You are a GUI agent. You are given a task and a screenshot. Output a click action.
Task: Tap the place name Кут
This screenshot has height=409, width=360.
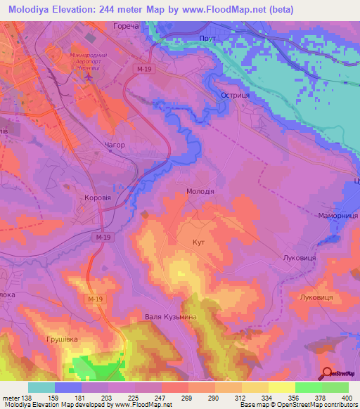(198, 241)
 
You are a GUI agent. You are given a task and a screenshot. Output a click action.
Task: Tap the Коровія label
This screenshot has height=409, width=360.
(97, 198)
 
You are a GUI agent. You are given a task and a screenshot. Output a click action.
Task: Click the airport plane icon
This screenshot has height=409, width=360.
(88, 75)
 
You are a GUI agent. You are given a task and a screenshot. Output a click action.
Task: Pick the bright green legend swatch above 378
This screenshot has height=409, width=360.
(308, 387)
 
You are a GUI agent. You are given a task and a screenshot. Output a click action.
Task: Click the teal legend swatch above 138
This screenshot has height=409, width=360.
(41, 387)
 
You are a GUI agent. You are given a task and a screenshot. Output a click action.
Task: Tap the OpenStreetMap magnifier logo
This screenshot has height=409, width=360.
(328, 373)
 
